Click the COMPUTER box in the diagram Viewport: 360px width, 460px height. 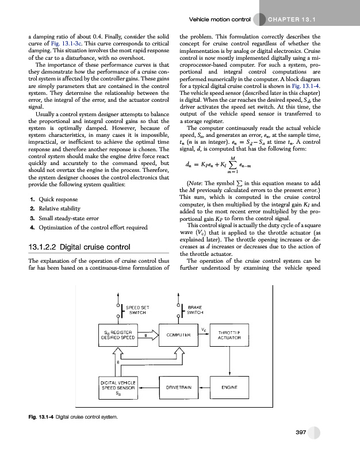click(178, 335)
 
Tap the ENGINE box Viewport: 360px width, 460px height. click(229, 388)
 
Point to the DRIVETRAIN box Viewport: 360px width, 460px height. click(178, 388)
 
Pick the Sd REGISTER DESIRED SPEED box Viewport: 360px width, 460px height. click(118, 335)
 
